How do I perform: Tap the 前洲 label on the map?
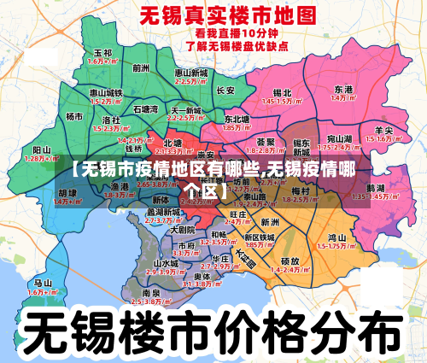[141, 67]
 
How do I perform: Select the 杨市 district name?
[75, 116]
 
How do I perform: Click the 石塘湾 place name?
[146, 109]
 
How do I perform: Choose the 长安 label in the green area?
[225, 90]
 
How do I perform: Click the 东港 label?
[344, 89]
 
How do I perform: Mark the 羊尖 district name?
[384, 130]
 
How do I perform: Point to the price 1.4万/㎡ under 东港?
[344, 98]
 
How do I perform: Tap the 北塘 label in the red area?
[173, 143]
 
